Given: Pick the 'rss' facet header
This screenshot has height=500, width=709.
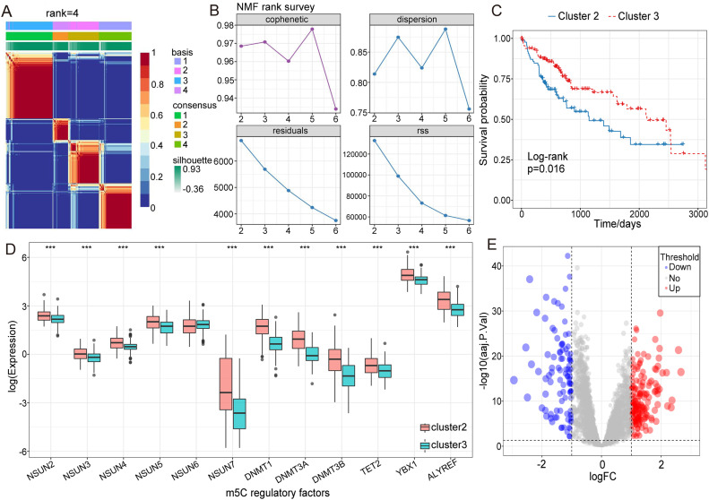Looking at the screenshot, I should click(x=402, y=131).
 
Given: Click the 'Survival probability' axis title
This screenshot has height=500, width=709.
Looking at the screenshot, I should click(x=484, y=119).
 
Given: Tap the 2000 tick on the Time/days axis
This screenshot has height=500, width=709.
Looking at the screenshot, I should click(x=640, y=216).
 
